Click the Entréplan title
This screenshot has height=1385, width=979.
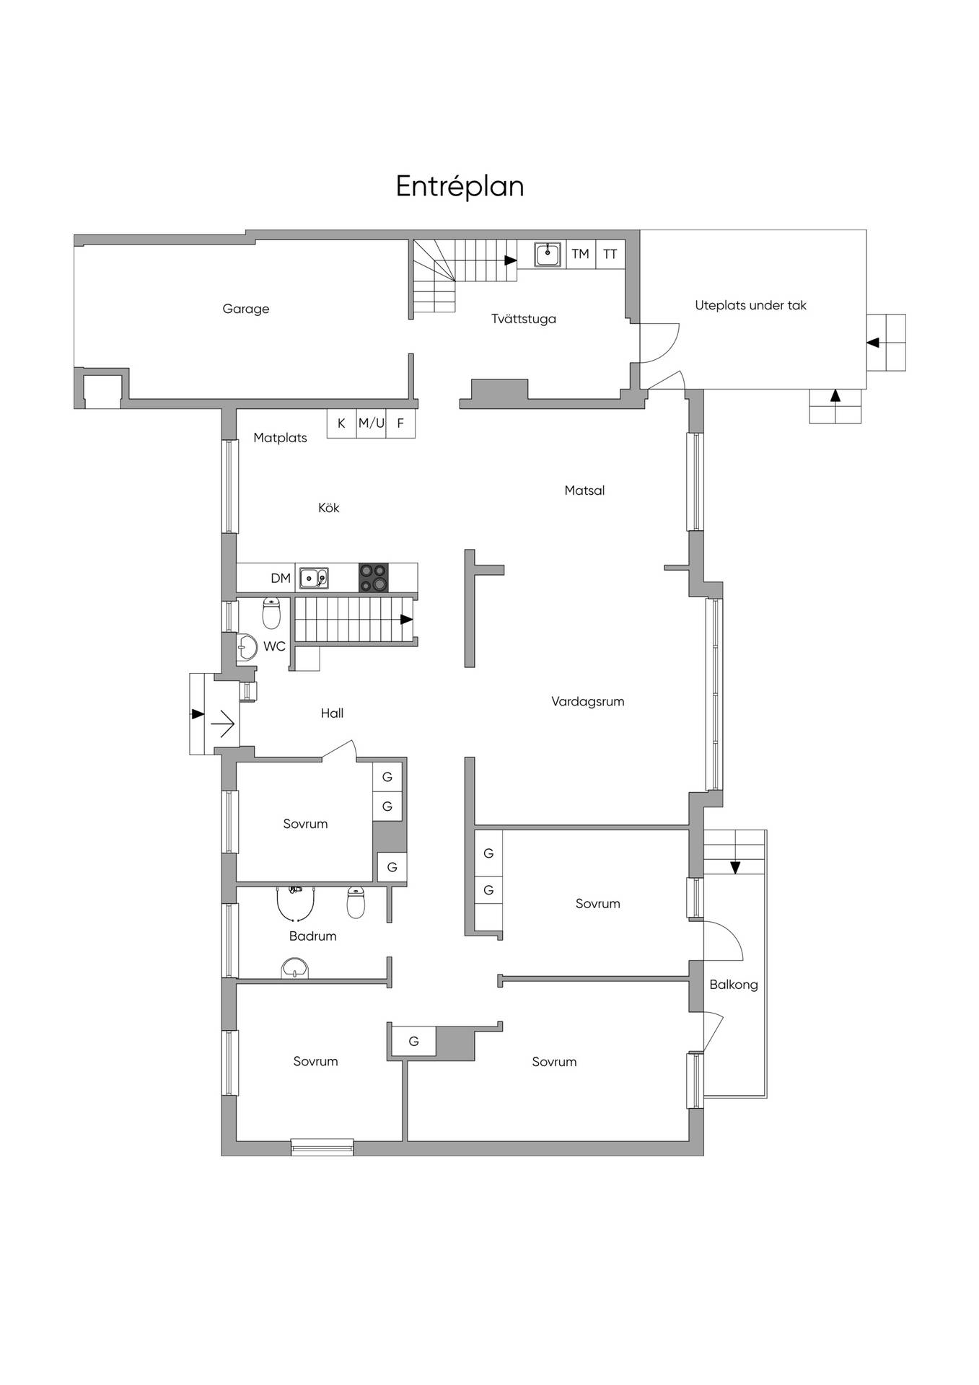[460, 187]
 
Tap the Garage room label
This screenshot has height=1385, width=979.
[246, 309]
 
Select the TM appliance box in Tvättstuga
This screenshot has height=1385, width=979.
[581, 254]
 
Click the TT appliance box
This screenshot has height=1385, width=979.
[610, 254]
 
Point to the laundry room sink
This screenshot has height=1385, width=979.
[548, 254]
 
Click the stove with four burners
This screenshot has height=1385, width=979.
[374, 578]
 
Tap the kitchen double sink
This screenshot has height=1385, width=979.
[314, 578]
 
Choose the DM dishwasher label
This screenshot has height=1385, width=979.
[281, 578]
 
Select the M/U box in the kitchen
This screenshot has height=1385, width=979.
[372, 423]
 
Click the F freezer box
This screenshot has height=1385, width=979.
[400, 423]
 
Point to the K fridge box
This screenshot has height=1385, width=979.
[342, 423]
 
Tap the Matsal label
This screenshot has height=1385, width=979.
[584, 491]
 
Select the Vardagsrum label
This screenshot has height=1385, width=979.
[588, 701]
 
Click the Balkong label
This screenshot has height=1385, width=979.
[734, 985]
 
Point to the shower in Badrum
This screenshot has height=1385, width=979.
[295, 905]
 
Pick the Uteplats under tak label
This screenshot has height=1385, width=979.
[750, 305]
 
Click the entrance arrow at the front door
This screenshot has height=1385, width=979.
[223, 723]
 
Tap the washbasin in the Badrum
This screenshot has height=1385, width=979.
[294, 968]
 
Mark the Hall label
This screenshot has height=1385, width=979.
[332, 713]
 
